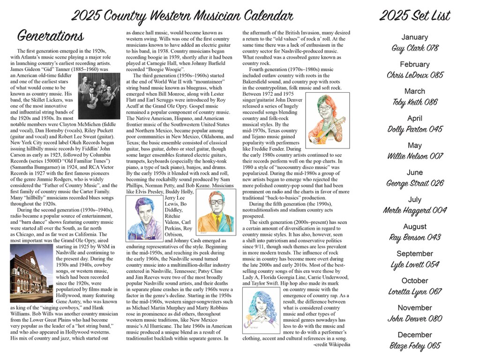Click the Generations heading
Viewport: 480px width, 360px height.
click(x=51, y=36)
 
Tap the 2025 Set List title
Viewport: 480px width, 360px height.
click(x=414, y=16)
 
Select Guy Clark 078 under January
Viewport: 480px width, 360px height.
click(x=414, y=48)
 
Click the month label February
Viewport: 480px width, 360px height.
click(x=414, y=64)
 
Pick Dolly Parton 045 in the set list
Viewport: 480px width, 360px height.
click(x=414, y=129)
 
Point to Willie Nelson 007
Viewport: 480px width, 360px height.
click(x=414, y=156)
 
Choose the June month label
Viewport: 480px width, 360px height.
click(x=414, y=172)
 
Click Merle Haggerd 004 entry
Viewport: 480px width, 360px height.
click(x=414, y=210)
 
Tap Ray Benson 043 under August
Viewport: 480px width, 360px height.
click(x=414, y=237)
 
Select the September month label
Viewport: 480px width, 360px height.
click(x=414, y=254)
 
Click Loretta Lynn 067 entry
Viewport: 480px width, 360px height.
click(x=414, y=292)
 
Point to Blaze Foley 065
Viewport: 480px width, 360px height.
click(x=414, y=346)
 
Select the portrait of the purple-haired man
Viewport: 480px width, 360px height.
click(x=144, y=218)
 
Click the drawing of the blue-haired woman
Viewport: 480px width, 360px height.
click(x=262, y=309)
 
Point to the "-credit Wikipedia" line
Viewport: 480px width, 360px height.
click(x=331, y=345)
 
